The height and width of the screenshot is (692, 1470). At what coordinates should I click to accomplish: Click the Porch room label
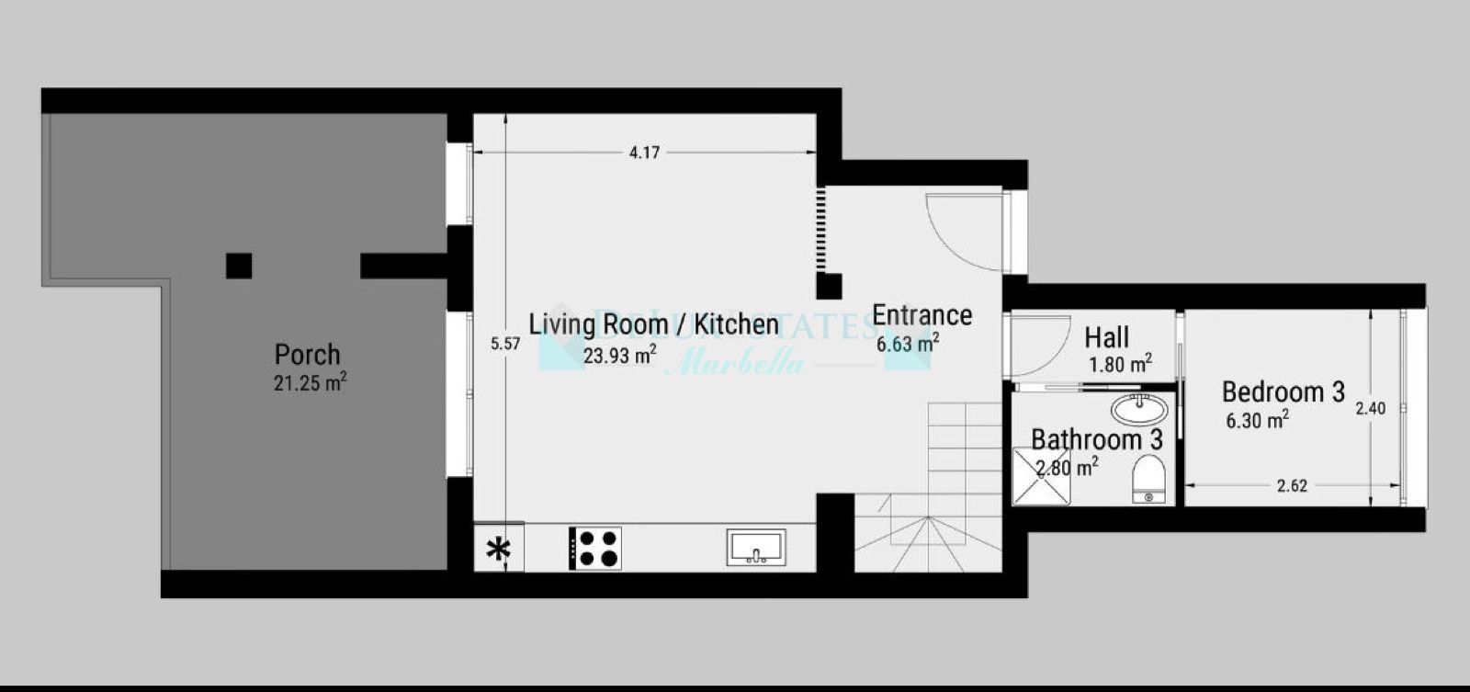coord(308,355)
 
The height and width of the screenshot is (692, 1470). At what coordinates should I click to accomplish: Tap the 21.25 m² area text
coord(310,383)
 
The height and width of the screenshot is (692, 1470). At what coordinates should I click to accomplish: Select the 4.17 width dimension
coord(644,153)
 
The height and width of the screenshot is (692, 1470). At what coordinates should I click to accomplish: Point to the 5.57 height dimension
coord(505,344)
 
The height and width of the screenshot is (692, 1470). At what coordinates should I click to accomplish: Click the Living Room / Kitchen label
coord(653,324)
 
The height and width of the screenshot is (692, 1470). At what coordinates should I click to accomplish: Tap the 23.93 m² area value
coord(619,355)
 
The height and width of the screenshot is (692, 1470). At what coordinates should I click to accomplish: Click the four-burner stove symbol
coord(595,548)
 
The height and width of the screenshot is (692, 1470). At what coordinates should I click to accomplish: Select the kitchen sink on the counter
coord(756,548)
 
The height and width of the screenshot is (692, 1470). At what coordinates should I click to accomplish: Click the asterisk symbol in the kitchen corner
coord(498,550)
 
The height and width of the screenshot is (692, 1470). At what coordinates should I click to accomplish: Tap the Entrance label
coord(922,315)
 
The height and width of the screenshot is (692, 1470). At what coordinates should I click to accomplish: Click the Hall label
coord(1106,336)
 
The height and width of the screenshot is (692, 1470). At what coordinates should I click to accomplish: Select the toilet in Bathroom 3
coord(1148,480)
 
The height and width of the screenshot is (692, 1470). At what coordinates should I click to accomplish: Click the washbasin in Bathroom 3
coord(1139,408)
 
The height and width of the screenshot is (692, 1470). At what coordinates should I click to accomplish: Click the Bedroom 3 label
coord(1283,392)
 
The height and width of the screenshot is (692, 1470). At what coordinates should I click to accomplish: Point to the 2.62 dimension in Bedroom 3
coord(1292,486)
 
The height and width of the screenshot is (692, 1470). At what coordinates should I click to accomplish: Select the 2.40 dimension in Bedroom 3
coord(1370,408)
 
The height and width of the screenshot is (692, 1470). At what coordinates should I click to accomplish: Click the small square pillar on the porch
coord(239,266)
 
